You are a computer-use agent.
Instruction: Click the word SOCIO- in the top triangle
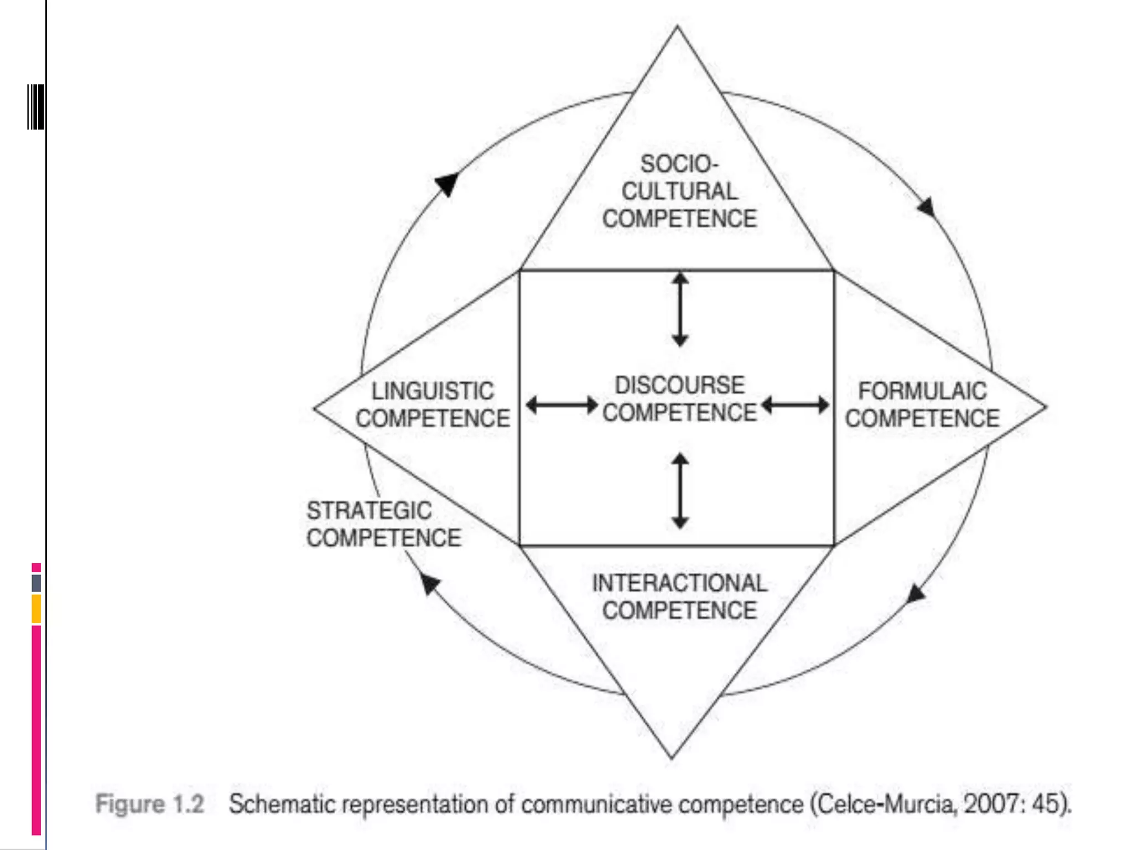679,164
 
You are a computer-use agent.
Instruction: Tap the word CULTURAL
679,191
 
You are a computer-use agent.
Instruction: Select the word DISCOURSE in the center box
680,385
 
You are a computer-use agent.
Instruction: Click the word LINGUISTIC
433,391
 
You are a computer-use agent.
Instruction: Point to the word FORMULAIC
922,391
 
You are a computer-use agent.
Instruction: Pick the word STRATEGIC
369,510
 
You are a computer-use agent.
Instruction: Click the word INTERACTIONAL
679,583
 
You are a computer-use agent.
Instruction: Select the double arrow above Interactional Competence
680,490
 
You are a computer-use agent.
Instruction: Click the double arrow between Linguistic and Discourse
562,405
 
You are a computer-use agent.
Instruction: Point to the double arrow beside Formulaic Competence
795,405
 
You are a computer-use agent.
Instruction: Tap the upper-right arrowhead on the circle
927,207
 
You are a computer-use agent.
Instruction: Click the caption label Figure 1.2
150,804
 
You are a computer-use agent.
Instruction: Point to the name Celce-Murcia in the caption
887,804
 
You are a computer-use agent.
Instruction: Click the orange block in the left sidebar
37,608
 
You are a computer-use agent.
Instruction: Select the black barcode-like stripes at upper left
36,107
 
